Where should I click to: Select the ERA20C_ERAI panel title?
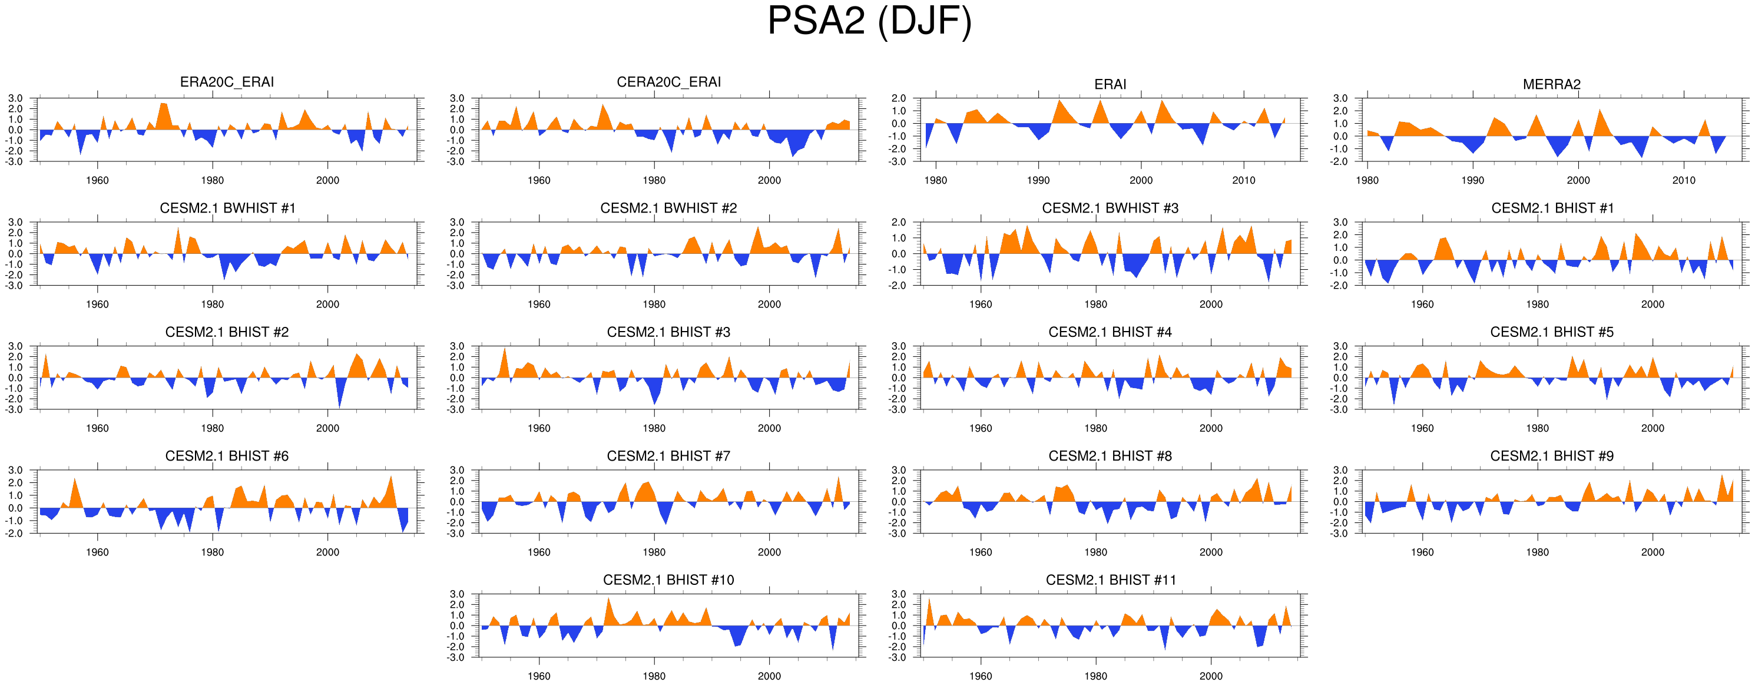pyautogui.click(x=227, y=82)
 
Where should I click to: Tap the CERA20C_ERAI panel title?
pyautogui.click(x=668, y=82)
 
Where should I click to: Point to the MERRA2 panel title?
pyautogui.click(x=1551, y=84)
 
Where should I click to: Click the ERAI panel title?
pyautogui.click(x=1110, y=84)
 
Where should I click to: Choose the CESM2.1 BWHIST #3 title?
pyautogui.click(x=1110, y=208)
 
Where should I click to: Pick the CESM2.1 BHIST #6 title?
pyautogui.click(x=227, y=456)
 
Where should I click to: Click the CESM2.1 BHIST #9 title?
pyautogui.click(x=1551, y=456)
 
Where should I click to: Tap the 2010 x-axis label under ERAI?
pyautogui.click(x=1243, y=181)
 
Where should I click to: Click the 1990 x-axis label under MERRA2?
pyautogui.click(x=1472, y=181)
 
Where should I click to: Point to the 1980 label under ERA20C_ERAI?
pyautogui.click(x=213, y=181)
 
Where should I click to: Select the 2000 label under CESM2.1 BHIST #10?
pyautogui.click(x=769, y=676)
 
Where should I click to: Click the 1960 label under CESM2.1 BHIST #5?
pyautogui.click(x=1422, y=428)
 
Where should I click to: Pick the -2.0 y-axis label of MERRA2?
pyautogui.click(x=1339, y=161)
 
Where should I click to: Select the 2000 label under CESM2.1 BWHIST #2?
pyautogui.click(x=769, y=305)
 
